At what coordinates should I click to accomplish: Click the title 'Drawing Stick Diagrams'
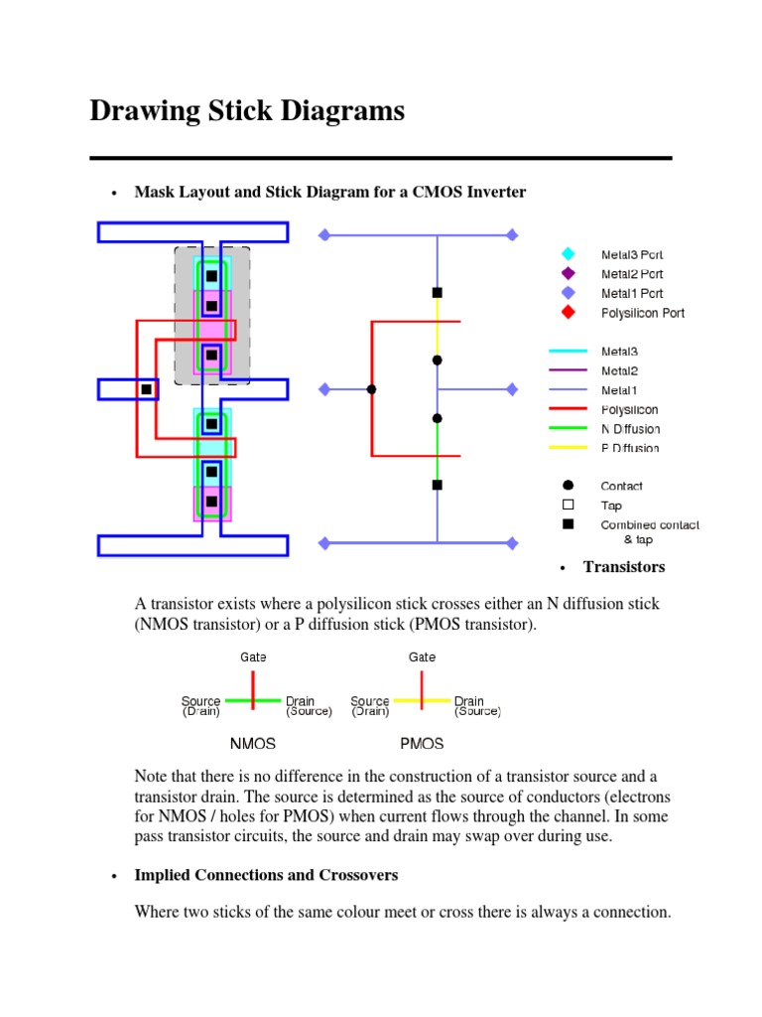point(247,110)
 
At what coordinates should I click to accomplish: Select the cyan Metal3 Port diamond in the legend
point(568,254)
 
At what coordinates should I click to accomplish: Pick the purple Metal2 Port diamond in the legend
point(568,273)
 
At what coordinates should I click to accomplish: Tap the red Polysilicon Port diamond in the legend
point(568,313)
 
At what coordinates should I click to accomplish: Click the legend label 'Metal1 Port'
point(632,293)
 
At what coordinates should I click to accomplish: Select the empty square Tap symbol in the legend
point(568,506)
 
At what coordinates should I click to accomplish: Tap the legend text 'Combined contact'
point(650,524)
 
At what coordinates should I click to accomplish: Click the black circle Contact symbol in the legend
point(568,486)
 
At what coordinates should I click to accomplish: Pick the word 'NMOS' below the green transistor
point(253,743)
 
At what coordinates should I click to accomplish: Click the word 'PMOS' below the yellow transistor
point(422,743)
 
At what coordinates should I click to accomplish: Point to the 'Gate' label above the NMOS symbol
point(253,656)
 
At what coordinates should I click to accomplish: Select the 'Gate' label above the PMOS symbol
point(422,656)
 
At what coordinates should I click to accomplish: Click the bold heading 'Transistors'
point(624,567)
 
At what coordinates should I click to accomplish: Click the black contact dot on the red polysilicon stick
point(371,389)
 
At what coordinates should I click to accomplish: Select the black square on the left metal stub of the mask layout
point(147,389)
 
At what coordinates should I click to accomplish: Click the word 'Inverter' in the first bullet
point(492,192)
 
